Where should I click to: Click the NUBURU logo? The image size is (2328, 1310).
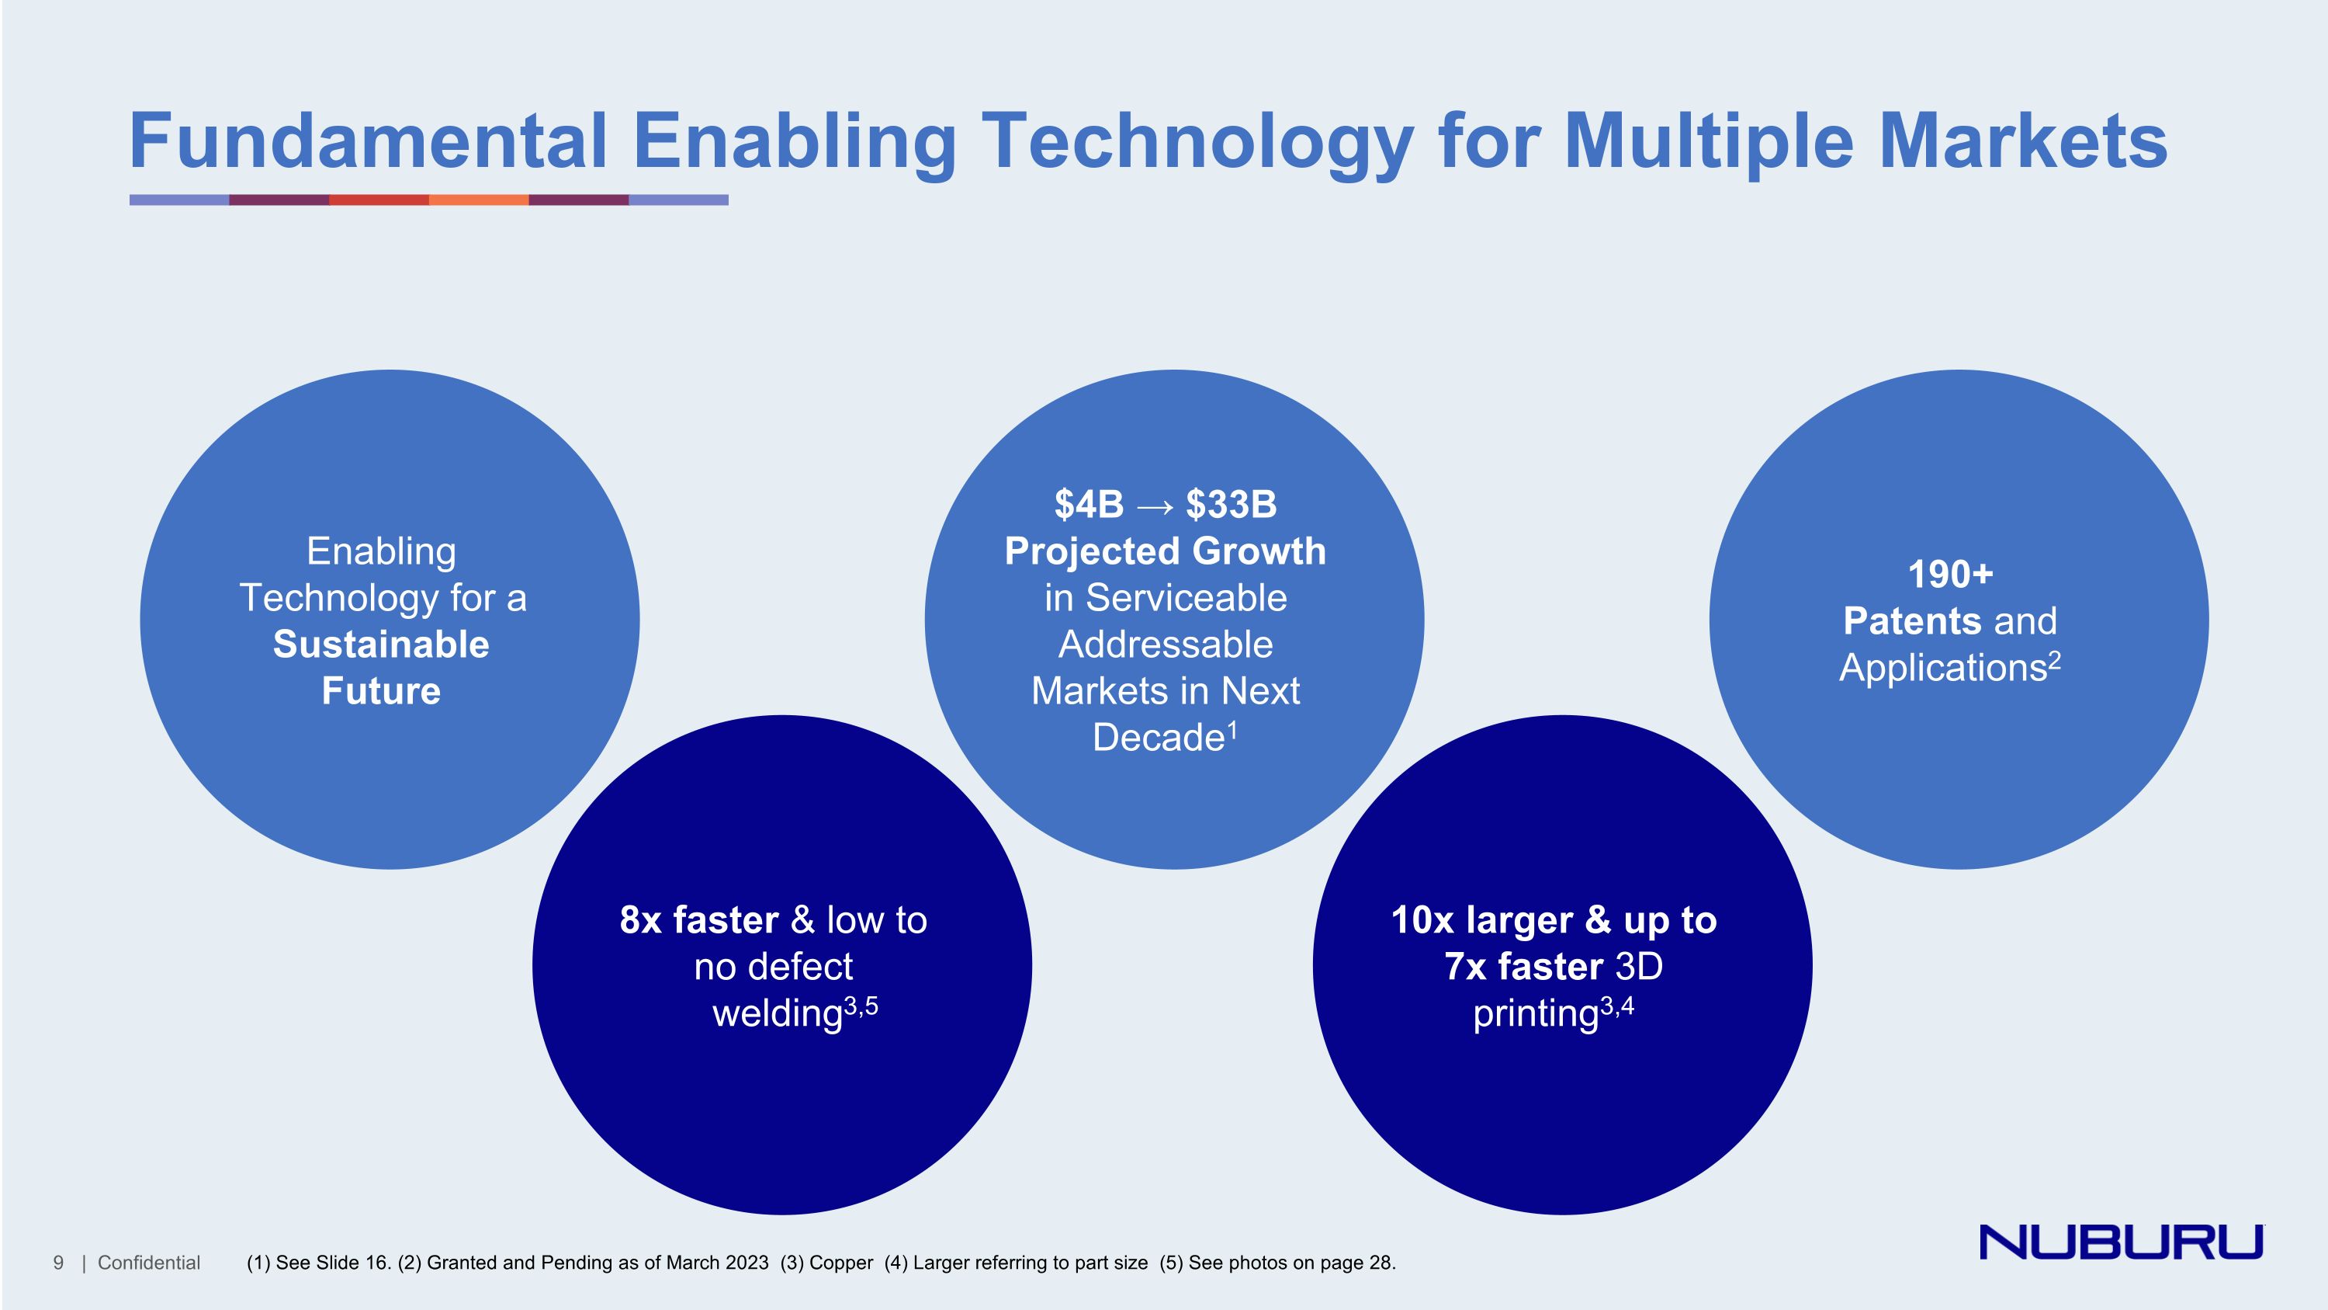click(x=2120, y=1242)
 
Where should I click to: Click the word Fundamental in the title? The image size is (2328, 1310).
click(x=368, y=142)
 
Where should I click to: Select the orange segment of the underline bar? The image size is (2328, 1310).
click(x=478, y=200)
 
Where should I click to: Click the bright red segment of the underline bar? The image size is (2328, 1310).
click(x=379, y=200)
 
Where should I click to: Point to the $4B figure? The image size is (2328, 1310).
click(x=1089, y=505)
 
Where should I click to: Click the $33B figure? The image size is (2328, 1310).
click(x=1231, y=505)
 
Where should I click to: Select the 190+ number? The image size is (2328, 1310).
click(x=1950, y=575)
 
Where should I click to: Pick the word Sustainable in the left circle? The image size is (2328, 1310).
click(x=380, y=645)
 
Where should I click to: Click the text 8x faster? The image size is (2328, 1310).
click(x=698, y=920)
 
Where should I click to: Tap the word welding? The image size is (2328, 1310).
click(x=778, y=1014)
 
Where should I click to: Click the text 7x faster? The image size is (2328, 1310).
click(x=1523, y=968)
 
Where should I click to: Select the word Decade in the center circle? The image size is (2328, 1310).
click(x=1158, y=738)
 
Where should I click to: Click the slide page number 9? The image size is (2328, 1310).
click(x=59, y=1263)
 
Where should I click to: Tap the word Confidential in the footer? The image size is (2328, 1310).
click(x=148, y=1263)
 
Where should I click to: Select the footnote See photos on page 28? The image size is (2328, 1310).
click(x=1290, y=1263)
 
